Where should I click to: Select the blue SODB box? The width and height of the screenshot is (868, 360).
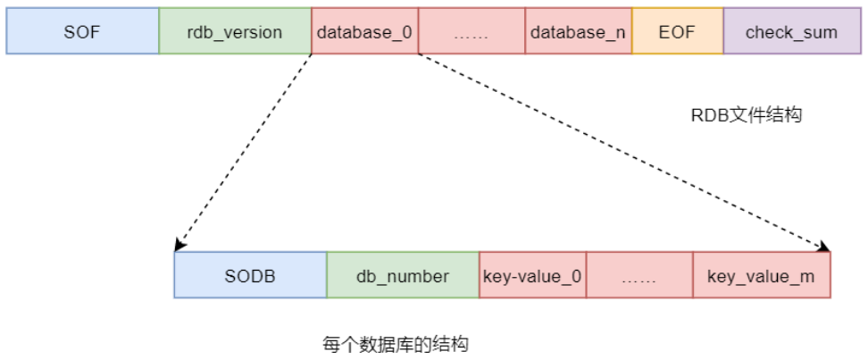click(250, 275)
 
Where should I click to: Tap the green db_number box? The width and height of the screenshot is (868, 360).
click(403, 275)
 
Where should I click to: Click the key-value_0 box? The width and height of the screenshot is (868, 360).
click(532, 275)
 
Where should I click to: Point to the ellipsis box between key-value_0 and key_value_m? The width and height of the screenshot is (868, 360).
click(639, 275)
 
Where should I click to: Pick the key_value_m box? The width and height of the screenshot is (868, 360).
click(761, 275)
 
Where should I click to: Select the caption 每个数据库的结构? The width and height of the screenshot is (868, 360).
click(396, 344)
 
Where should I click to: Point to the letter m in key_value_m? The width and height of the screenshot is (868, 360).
click(807, 276)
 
